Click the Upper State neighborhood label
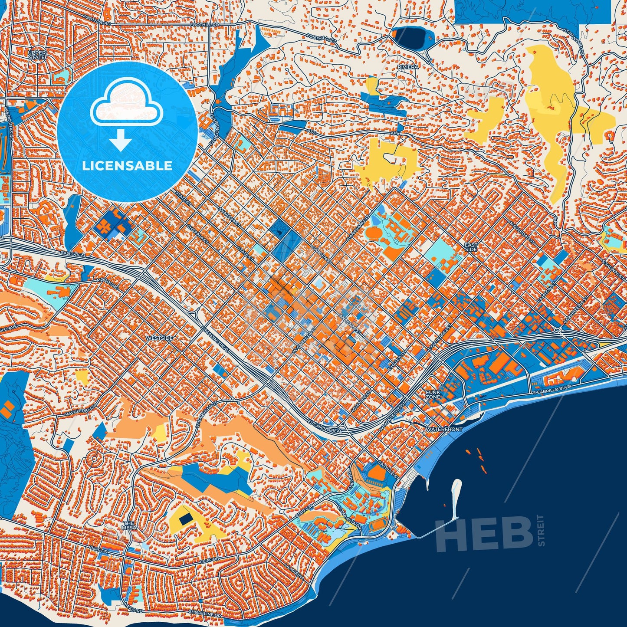(36, 54)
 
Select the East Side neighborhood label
(471, 247)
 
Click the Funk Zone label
(433, 394)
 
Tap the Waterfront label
(444, 429)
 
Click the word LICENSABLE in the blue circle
(127, 166)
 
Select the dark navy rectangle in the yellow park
(186, 519)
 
